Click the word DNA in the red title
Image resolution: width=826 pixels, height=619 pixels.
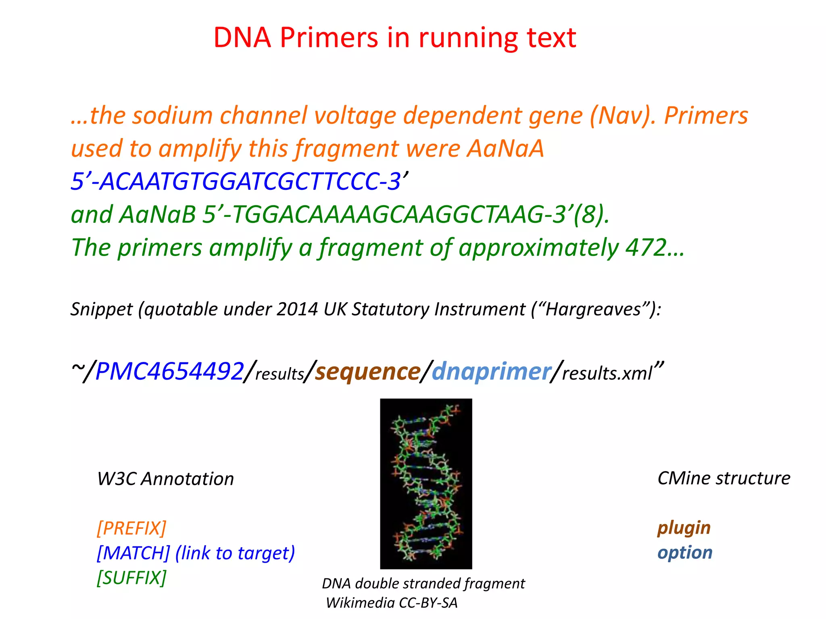(242, 37)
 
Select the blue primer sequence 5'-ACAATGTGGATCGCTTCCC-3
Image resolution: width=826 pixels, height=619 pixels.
(236, 181)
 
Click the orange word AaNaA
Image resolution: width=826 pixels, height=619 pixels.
(505, 148)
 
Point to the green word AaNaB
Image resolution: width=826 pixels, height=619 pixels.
(157, 214)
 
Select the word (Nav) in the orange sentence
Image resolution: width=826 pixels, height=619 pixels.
(622, 116)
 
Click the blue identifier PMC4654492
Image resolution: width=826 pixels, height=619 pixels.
(169, 371)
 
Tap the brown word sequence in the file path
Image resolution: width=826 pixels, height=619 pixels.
(367, 371)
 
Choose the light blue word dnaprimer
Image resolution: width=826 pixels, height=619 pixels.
(491, 371)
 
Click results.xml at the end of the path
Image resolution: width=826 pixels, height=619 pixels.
(607, 373)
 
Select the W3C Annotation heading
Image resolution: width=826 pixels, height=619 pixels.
(165, 479)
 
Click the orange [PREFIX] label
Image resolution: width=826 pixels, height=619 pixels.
(131, 528)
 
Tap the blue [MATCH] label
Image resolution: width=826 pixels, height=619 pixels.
(133, 553)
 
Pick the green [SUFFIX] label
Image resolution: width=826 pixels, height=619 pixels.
(131, 577)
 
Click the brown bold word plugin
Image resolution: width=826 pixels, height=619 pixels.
(684, 528)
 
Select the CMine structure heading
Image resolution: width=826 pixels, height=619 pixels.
(724, 478)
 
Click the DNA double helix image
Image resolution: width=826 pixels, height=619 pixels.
(426, 484)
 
